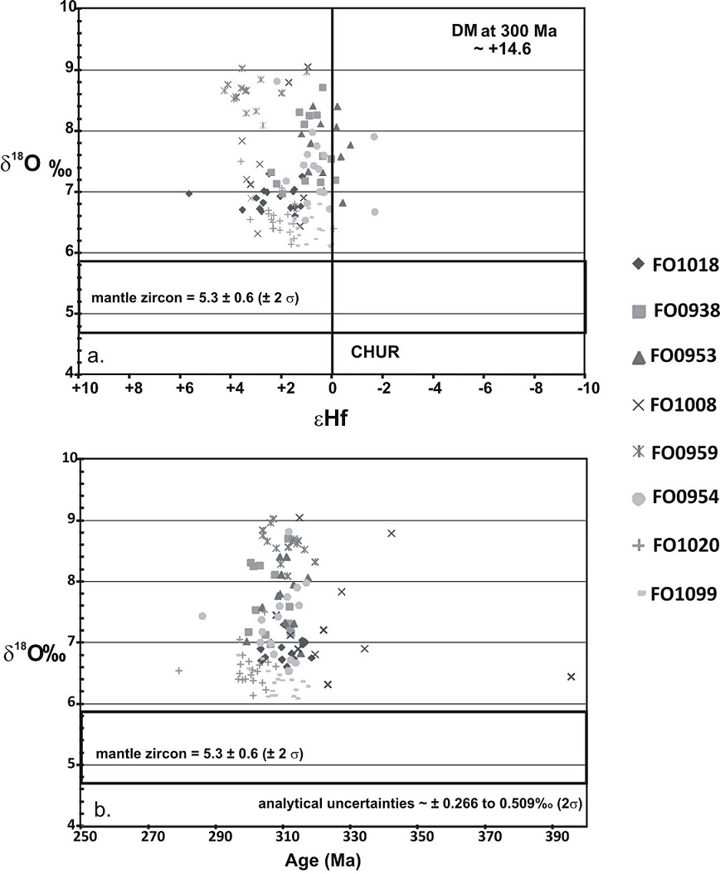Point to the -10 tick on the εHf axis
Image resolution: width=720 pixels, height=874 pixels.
click(x=584, y=388)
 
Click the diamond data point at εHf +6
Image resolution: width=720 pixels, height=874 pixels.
click(x=189, y=193)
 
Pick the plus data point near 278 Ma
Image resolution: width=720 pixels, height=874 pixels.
click(x=178, y=670)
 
